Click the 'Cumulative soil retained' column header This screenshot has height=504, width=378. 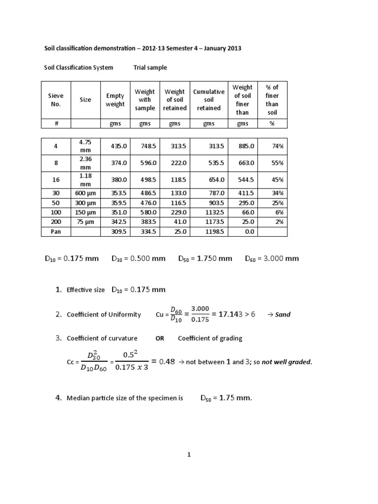tap(209, 100)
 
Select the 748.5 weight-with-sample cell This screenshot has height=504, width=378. tap(144, 146)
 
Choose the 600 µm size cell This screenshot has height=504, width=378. tap(85, 193)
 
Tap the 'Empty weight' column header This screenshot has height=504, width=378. tap(115, 100)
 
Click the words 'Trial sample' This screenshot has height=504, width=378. tap(150, 67)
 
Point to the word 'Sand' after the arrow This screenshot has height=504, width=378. tap(283, 315)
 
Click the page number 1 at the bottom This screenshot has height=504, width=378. tap(189, 455)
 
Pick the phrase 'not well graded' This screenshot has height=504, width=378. tap(287, 362)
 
